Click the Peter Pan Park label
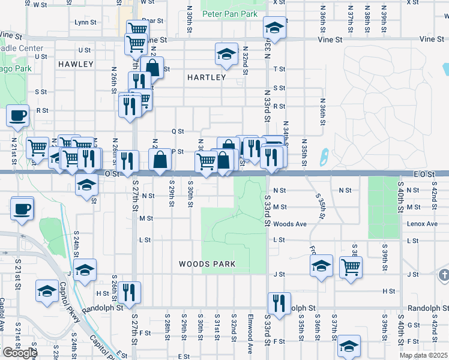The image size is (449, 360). (x=230, y=13)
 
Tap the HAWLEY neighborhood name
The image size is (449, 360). (x=76, y=64)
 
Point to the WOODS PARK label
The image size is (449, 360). (x=207, y=264)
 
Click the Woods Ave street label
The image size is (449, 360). (x=289, y=224)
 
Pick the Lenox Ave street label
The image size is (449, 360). (x=423, y=224)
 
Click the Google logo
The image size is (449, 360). (x=19, y=353)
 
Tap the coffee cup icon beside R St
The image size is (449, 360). (x=17, y=115)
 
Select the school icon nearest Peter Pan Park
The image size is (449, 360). (x=274, y=28)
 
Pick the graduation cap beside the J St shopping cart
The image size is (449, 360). (x=321, y=266)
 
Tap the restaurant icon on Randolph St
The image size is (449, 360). (x=279, y=303)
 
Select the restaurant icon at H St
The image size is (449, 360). (x=129, y=292)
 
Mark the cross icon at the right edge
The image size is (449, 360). (x=444, y=275)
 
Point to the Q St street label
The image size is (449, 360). (x=177, y=131)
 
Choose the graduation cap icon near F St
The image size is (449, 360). (x=349, y=346)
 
